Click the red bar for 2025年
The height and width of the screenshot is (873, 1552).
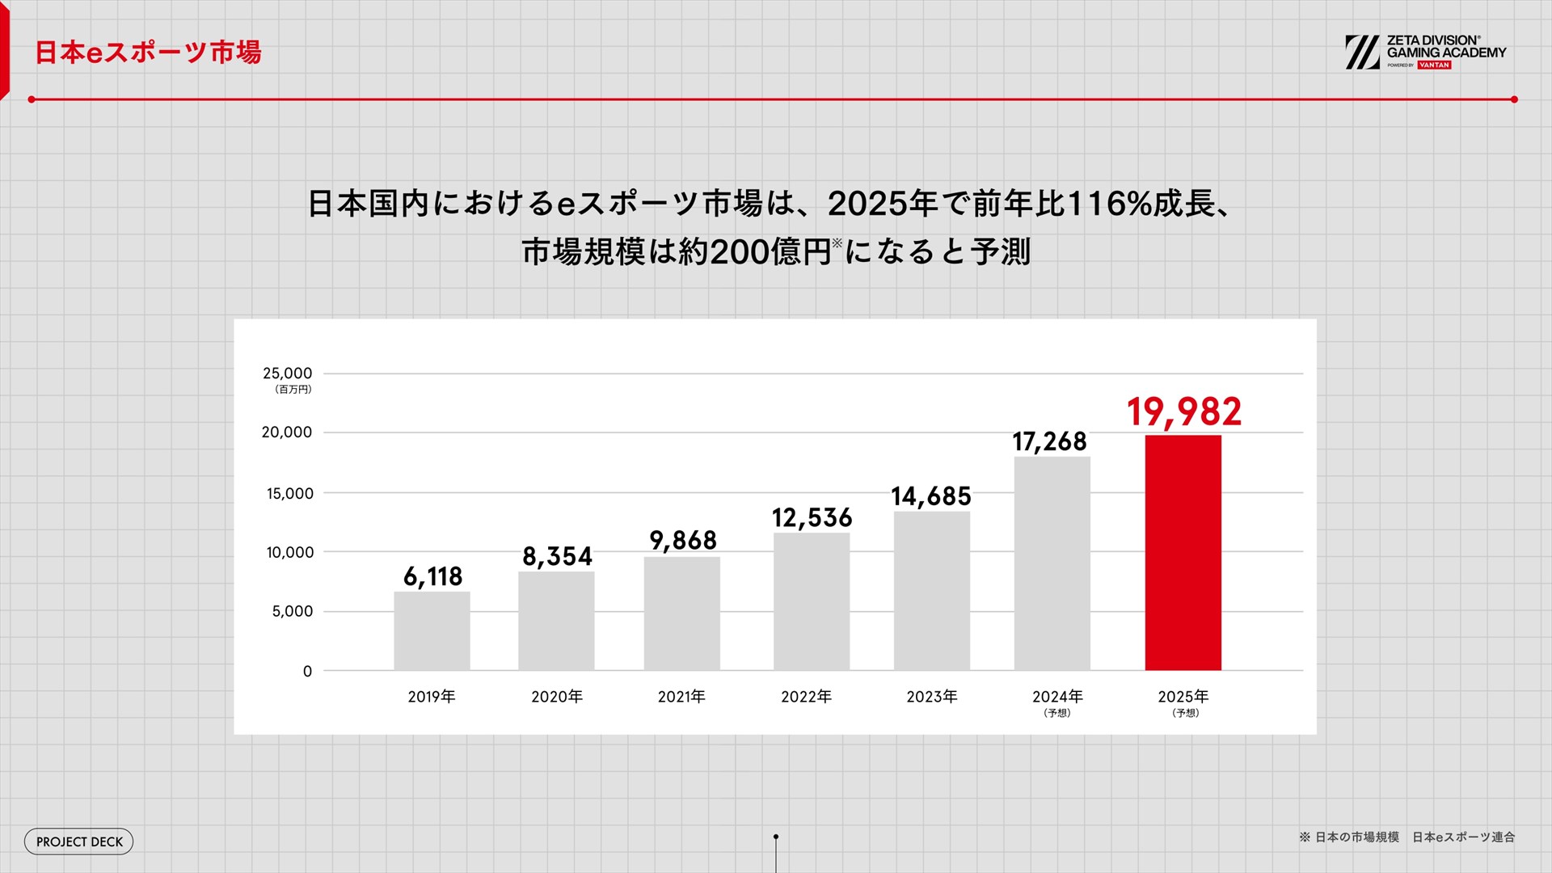point(1183,553)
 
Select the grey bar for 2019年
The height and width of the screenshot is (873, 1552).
point(432,630)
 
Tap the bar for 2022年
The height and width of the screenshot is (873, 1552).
point(811,601)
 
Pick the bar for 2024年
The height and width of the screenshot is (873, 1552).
point(1052,563)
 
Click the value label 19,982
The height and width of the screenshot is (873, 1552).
point(1183,411)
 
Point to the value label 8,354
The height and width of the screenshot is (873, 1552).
point(557,556)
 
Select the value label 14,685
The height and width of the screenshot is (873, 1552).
point(930,496)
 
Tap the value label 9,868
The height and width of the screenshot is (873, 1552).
point(683,540)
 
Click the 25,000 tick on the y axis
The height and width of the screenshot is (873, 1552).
point(287,373)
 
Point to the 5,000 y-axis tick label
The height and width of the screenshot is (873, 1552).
point(292,611)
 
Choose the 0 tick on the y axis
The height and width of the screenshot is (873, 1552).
point(307,671)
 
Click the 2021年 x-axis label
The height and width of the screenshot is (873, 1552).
point(681,697)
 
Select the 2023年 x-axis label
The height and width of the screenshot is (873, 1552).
point(931,697)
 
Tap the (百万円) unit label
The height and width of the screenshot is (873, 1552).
point(293,390)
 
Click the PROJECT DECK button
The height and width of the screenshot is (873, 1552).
point(79,841)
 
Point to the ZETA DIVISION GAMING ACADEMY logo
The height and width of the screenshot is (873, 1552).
point(1425,53)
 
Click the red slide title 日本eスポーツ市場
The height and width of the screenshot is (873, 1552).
point(148,53)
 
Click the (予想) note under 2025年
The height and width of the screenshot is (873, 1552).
point(1185,713)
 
